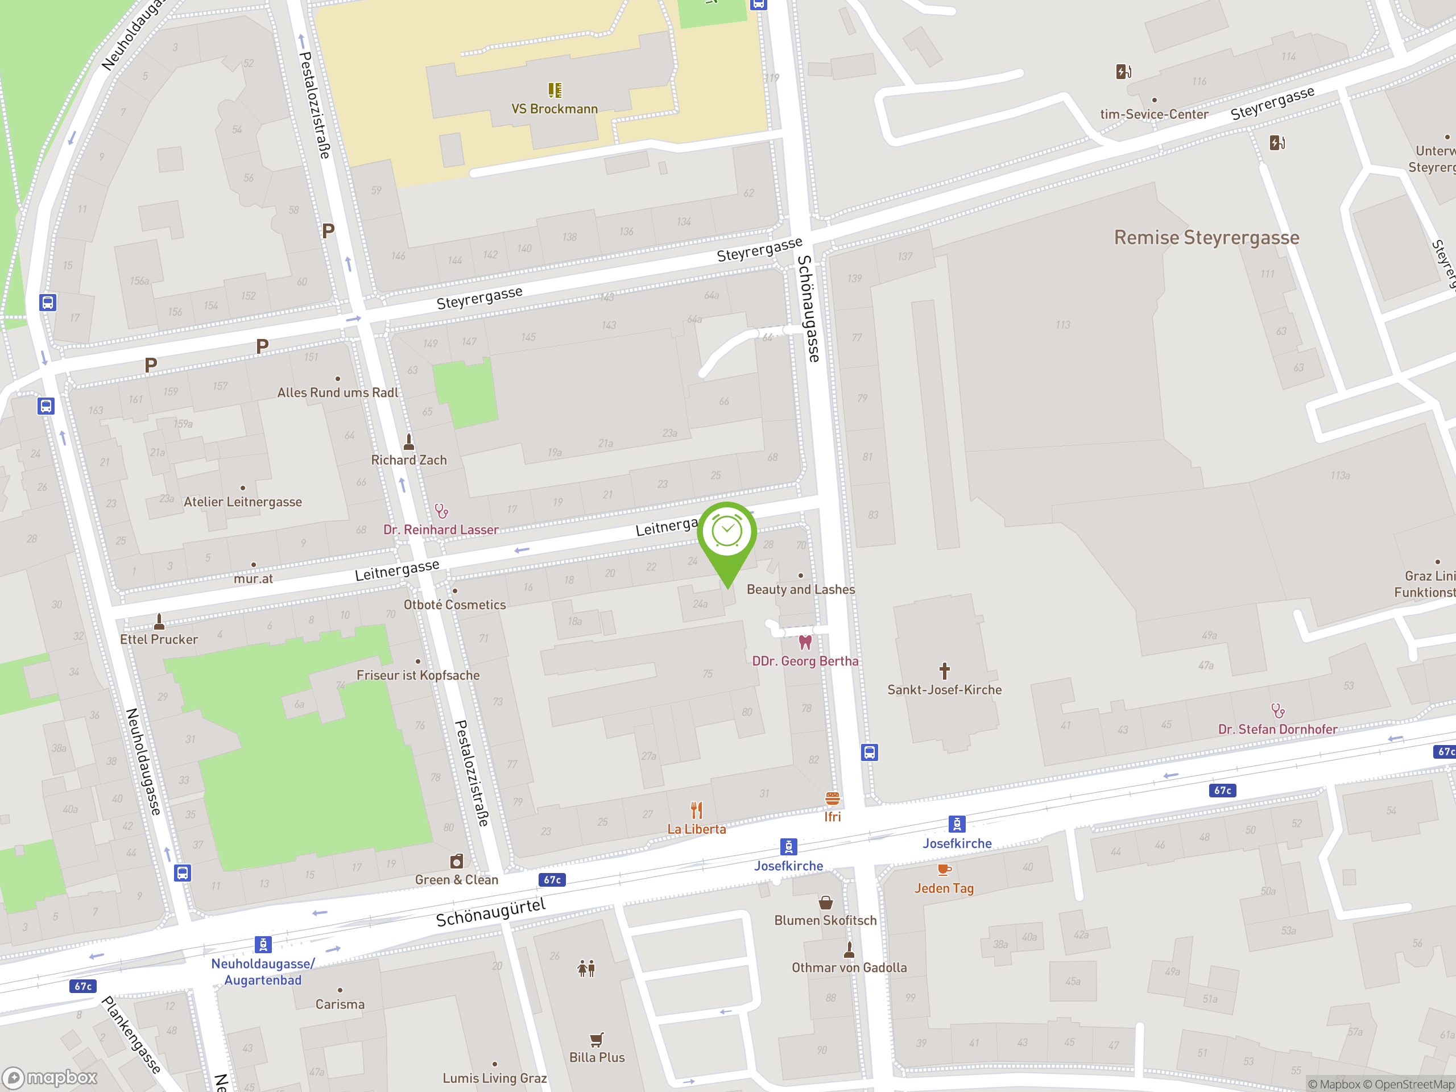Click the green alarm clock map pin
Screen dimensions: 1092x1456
click(727, 533)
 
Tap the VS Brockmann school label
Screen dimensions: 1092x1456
click(554, 109)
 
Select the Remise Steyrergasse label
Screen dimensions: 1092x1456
click(1206, 238)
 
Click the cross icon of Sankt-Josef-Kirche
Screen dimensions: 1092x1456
click(945, 671)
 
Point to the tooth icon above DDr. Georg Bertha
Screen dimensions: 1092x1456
click(805, 642)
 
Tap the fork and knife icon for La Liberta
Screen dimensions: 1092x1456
click(696, 810)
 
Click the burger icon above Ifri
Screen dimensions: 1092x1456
click(833, 799)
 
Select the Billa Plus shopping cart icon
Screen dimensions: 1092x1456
click(597, 1039)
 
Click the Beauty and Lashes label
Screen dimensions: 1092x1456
click(800, 589)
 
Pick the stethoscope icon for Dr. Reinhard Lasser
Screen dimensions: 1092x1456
click(441, 511)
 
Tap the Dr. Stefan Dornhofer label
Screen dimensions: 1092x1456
click(1277, 729)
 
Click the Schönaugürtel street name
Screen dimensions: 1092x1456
click(490, 912)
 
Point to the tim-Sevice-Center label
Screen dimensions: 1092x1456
click(1154, 114)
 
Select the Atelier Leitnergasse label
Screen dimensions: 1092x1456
click(242, 502)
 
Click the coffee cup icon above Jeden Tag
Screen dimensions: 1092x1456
click(944, 870)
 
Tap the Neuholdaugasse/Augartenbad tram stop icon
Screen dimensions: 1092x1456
click(263, 945)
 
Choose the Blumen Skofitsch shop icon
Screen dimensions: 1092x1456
click(825, 902)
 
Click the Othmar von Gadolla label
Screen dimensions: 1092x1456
click(849, 967)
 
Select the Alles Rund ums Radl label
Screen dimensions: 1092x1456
click(337, 392)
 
